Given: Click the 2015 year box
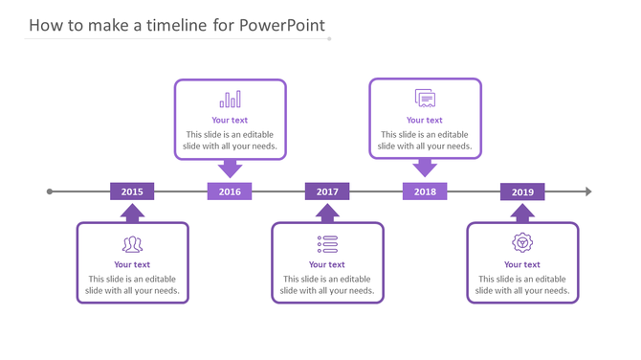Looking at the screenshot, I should click(132, 191).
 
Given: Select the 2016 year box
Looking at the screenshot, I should click(230, 191).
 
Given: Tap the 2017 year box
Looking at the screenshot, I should click(327, 191).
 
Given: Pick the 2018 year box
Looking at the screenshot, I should click(425, 191).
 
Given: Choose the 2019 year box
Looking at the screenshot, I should click(522, 191).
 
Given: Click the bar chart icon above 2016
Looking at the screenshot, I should click(230, 100).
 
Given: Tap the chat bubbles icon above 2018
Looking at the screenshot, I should click(425, 98).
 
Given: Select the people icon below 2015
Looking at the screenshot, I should click(132, 243).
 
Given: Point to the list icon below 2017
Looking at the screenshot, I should click(327, 243).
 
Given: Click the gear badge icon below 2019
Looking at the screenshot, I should click(522, 242).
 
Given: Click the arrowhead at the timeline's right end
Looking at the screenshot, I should click(588, 191).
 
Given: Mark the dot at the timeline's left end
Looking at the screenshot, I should click(50, 191).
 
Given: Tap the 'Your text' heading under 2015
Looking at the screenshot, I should click(132, 264).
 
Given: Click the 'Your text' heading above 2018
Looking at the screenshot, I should click(425, 120).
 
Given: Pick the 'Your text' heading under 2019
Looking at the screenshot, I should click(522, 264).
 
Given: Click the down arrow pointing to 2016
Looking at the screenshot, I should click(230, 169).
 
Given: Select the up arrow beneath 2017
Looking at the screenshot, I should click(327, 213).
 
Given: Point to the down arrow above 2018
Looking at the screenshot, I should click(425, 169).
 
